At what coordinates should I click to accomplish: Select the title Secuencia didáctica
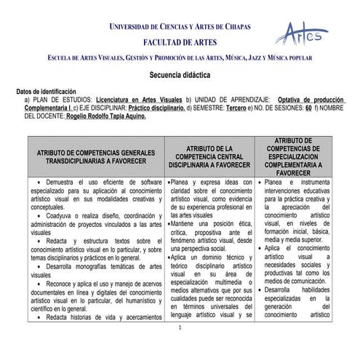tap(180, 76)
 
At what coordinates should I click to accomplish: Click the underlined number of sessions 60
tap(309, 107)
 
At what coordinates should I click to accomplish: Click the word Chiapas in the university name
tap(234, 27)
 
